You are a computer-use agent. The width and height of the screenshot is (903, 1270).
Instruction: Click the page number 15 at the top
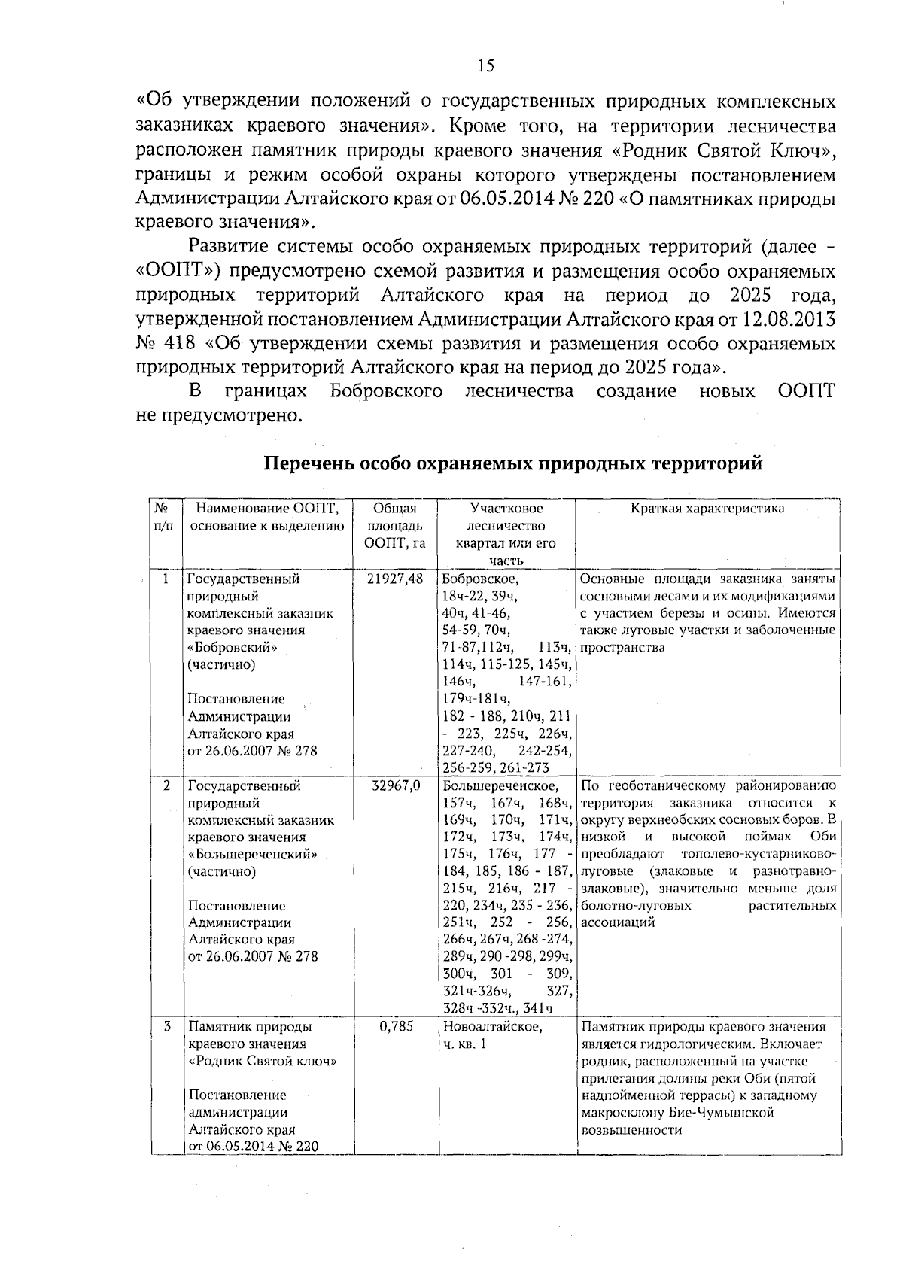485,65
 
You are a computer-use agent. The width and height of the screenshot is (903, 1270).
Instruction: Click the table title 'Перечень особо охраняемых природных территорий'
512,463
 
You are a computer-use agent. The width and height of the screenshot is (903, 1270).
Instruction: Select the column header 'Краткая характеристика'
707,509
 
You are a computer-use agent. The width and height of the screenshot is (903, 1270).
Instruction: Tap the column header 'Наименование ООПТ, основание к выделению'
267,518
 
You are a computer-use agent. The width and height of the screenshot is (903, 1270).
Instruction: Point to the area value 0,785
396,1026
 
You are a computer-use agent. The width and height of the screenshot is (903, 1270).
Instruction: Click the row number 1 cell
166,579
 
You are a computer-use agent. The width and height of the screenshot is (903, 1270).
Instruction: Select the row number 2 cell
166,786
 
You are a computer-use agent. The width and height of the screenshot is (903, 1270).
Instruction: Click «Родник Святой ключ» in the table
262,1061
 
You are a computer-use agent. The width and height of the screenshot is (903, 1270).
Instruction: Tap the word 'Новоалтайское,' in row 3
492,1026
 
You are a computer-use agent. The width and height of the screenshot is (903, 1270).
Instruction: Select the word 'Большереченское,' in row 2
500,786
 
